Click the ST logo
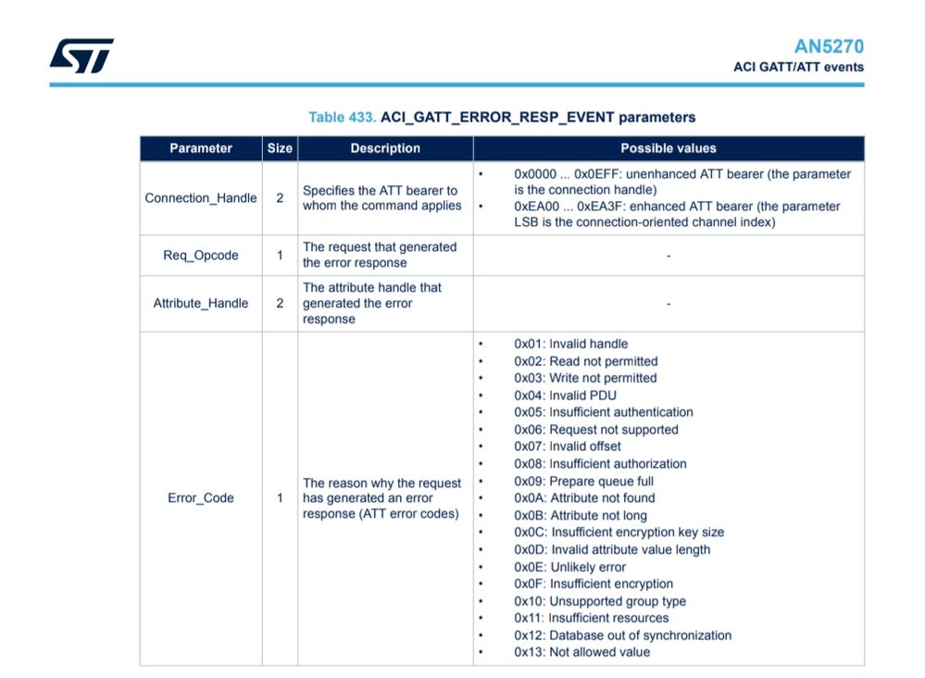tap(81, 56)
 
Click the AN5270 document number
tap(829, 46)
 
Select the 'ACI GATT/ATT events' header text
tap(798, 67)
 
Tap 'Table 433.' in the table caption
tap(342, 118)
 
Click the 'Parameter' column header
tap(201, 148)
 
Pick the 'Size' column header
tap(280, 148)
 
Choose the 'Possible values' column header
tap(668, 148)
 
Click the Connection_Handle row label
tap(201, 198)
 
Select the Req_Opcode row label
tap(201, 256)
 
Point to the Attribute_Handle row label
tap(201, 303)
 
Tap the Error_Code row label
tap(201, 498)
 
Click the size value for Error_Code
tap(280, 498)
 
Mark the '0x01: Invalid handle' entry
tap(570, 344)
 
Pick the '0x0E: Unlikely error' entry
tap(569, 567)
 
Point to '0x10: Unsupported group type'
tap(599, 601)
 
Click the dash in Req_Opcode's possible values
tap(668, 256)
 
